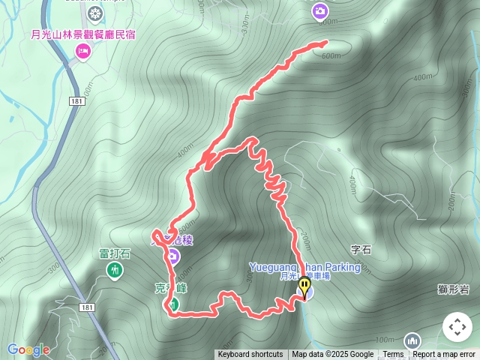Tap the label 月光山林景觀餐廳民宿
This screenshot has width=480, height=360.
pyautogui.click(x=82, y=34)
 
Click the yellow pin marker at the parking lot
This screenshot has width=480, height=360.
pyautogui.click(x=304, y=286)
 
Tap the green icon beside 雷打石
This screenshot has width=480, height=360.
pyautogui.click(x=115, y=269)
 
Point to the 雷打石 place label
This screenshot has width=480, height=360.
pyautogui.click(x=114, y=253)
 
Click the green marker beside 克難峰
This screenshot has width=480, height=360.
pyautogui.click(x=172, y=304)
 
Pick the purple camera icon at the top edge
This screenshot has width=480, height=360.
pyautogui.click(x=319, y=10)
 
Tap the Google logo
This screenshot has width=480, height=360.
pyautogui.click(x=28, y=349)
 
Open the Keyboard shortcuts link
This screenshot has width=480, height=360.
pyautogui.click(x=250, y=355)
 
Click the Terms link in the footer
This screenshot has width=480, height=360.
pyautogui.click(x=393, y=355)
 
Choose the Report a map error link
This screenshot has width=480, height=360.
pyautogui.click(x=444, y=355)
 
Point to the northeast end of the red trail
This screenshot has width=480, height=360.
pyautogui.click(x=327, y=43)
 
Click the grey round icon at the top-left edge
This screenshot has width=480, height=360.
pyautogui.click(x=95, y=13)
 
